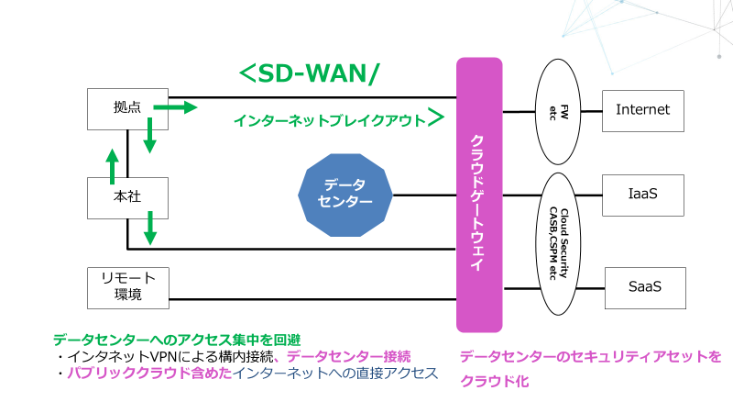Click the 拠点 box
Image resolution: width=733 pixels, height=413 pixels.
[x=127, y=108]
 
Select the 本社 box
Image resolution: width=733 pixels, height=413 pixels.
[x=127, y=196]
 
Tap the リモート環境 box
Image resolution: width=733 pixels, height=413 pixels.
[x=127, y=286]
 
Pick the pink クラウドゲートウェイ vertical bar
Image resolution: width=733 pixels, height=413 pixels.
[x=479, y=194]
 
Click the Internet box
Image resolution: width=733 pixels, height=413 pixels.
[x=643, y=110]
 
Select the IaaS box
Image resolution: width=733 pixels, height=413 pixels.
[x=643, y=195]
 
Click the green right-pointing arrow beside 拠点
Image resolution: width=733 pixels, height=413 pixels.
[x=175, y=108]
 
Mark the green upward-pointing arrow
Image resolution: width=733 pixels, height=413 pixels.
[x=112, y=166]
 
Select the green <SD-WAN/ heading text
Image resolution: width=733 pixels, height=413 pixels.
[x=307, y=75]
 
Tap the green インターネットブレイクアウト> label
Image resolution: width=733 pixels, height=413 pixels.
[x=339, y=119]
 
